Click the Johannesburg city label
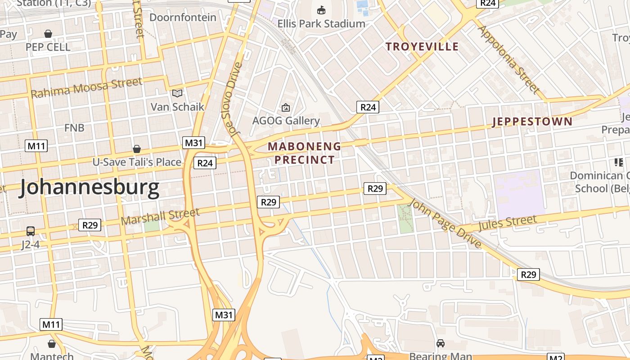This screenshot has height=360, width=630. [89, 188]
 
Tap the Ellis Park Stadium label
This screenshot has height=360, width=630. [321, 23]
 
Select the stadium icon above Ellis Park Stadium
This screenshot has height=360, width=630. [321, 10]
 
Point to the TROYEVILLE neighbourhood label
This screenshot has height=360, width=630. [422, 47]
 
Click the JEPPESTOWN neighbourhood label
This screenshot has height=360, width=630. [532, 121]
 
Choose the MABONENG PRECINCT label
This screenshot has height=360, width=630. [305, 153]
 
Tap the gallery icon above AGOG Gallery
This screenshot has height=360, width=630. [285, 108]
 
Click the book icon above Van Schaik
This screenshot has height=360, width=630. [178, 93]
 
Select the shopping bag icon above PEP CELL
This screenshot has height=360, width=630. [48, 34]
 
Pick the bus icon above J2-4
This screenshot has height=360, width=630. [31, 231]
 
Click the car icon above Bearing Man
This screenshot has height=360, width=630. [441, 343]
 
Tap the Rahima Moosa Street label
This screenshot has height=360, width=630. [86, 87]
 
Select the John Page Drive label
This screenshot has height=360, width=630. [445, 223]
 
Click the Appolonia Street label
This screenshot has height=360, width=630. [508, 59]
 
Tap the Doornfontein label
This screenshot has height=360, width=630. [183, 18]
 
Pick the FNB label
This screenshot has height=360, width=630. [74, 128]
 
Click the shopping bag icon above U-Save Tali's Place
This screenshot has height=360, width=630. [136, 149]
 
